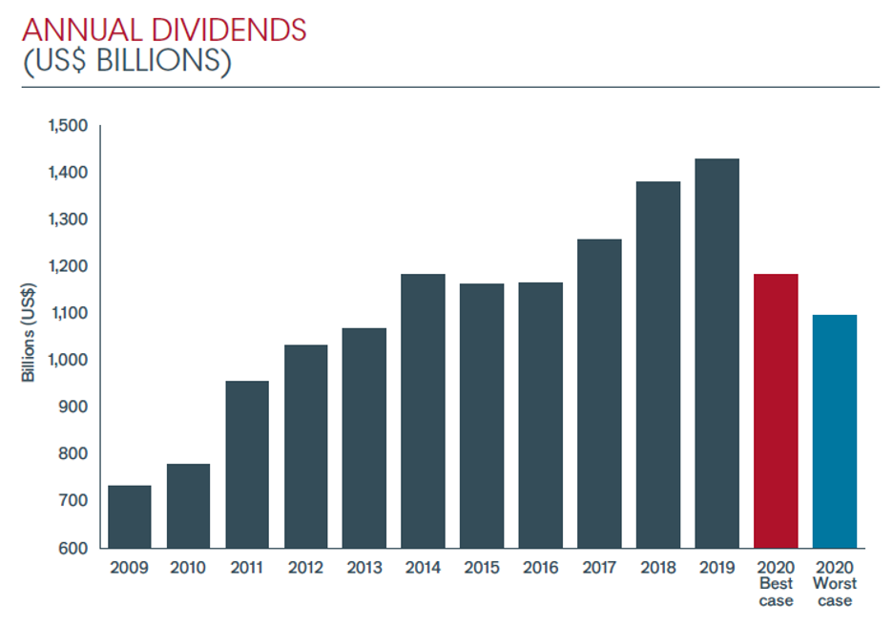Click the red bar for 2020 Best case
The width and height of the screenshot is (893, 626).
(x=776, y=410)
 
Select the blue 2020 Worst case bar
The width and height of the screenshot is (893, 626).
(x=835, y=431)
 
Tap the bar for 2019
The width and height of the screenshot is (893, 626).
(x=716, y=353)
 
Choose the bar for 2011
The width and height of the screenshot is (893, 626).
(x=247, y=464)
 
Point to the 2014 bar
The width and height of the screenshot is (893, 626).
(x=423, y=410)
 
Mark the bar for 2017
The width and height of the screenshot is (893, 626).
(x=599, y=393)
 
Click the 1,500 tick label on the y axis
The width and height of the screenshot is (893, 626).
(x=67, y=126)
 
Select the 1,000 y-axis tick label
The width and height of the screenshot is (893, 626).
(x=67, y=361)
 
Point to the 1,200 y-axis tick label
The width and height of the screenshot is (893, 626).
(x=67, y=266)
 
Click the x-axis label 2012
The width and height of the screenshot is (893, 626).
(x=305, y=567)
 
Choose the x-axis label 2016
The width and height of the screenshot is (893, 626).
(x=540, y=567)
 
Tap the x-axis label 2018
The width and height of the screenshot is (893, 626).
(x=657, y=567)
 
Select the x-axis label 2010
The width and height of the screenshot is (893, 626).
(x=188, y=567)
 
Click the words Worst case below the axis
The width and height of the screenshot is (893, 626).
(x=835, y=592)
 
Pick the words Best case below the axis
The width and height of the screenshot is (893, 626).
(x=776, y=592)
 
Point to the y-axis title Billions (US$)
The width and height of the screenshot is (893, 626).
(x=29, y=335)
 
